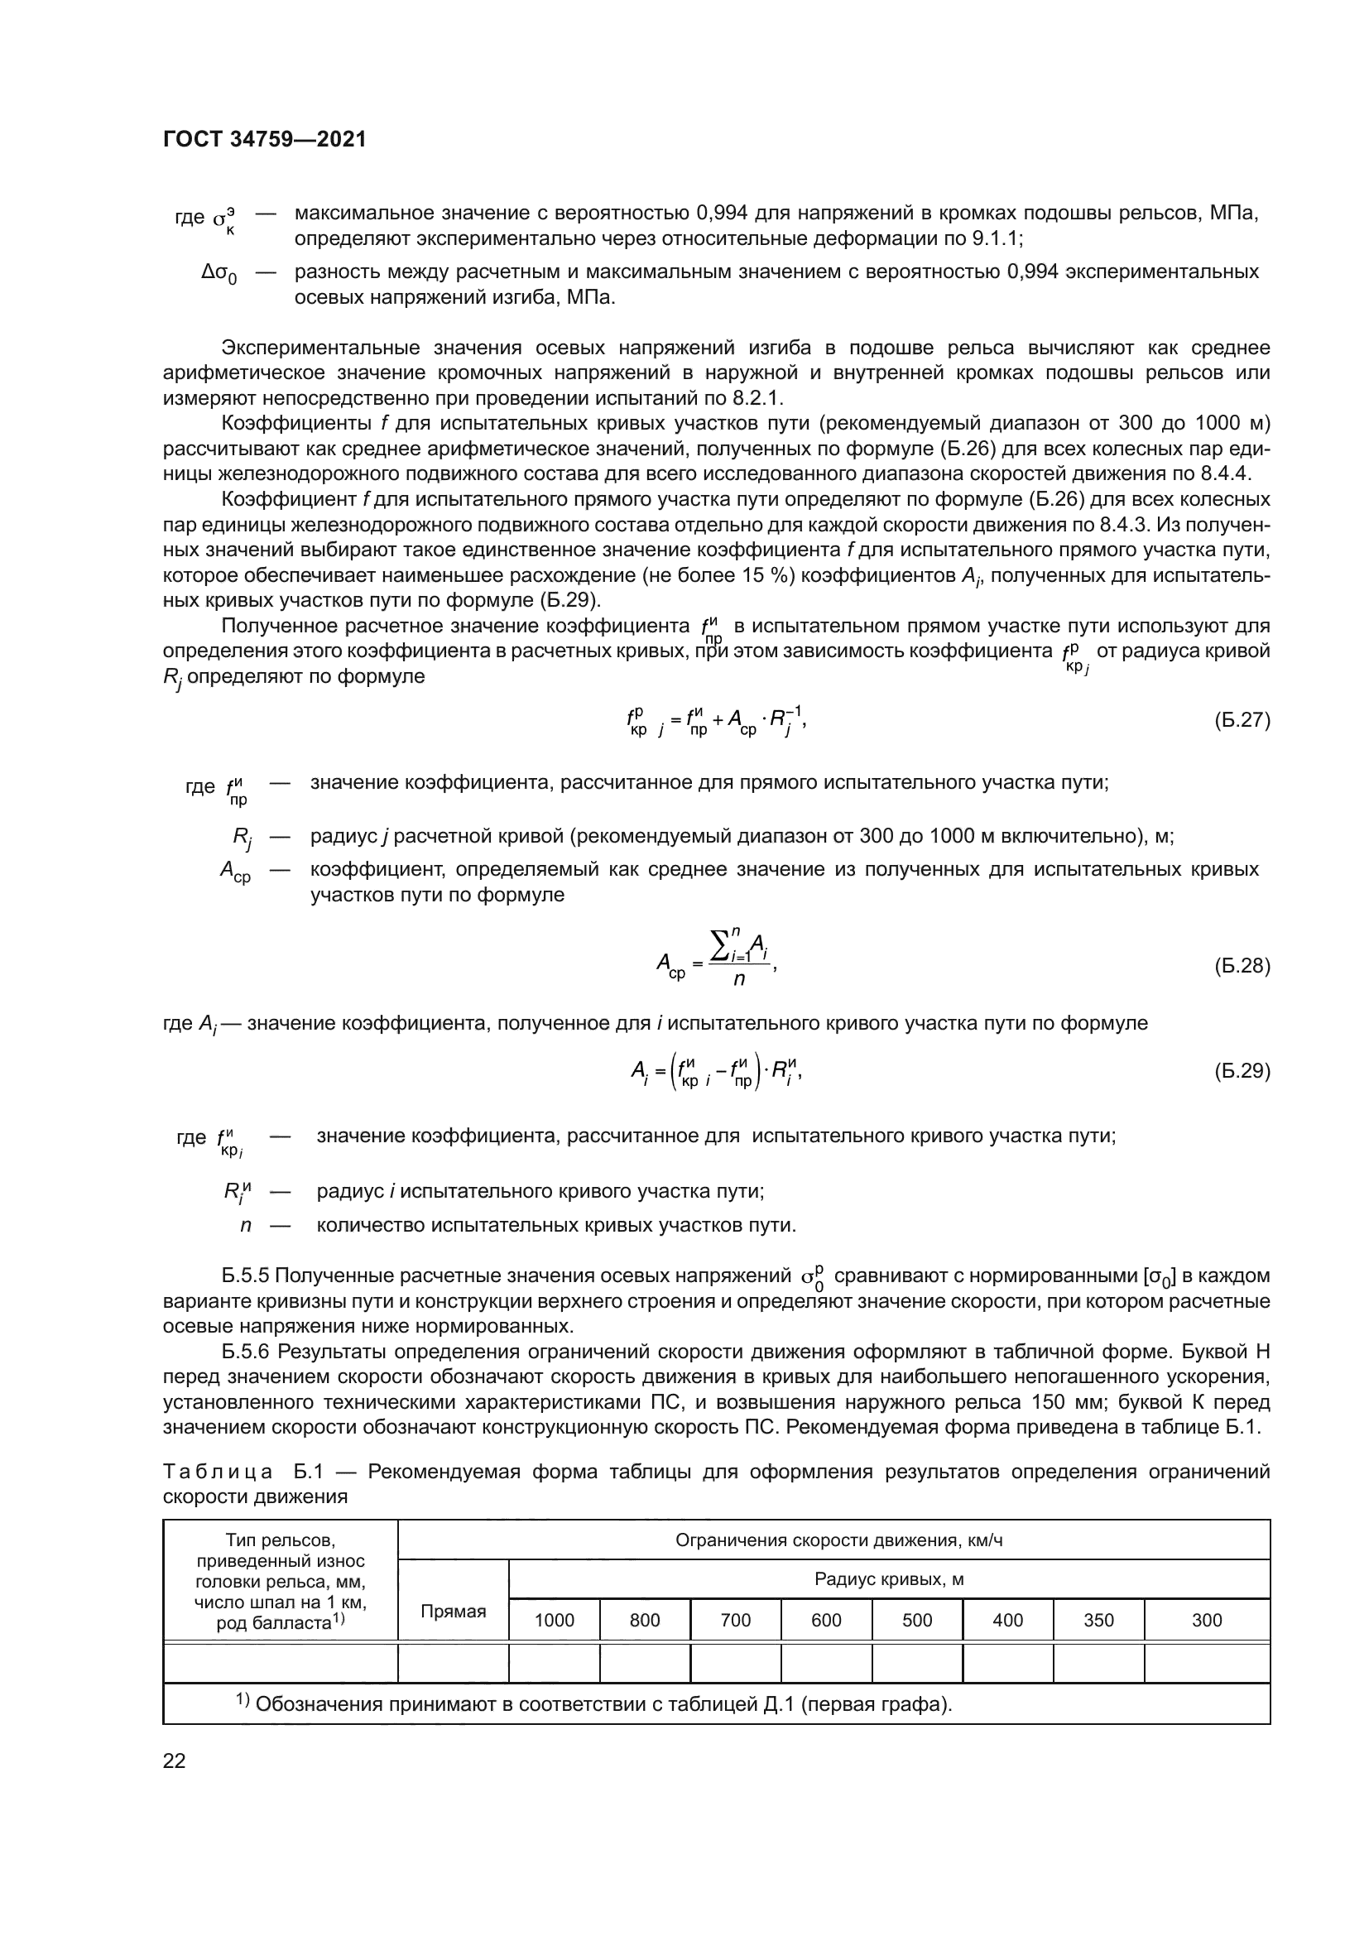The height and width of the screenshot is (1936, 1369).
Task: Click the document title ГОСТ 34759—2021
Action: click(x=265, y=140)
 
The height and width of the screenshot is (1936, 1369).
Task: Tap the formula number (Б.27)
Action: click(x=1242, y=720)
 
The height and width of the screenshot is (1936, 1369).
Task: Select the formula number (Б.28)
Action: click(x=1242, y=965)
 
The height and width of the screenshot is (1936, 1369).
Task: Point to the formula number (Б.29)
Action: click(x=1242, y=1070)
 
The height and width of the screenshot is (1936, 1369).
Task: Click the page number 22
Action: click(x=175, y=1761)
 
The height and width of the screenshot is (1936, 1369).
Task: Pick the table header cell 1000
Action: click(x=554, y=1620)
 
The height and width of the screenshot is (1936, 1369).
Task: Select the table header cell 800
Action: click(x=645, y=1620)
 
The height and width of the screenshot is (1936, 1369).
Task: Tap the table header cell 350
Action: click(x=1098, y=1620)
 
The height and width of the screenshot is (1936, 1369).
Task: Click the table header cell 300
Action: click(x=1206, y=1620)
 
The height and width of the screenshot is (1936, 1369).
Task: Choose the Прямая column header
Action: click(x=454, y=1612)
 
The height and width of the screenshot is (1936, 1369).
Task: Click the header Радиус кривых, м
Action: click(x=888, y=1579)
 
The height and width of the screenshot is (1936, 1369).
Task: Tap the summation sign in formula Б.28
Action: click(x=721, y=946)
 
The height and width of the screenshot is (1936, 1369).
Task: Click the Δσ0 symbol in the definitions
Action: click(x=219, y=273)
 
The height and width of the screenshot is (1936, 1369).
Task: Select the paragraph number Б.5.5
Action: click(x=245, y=1275)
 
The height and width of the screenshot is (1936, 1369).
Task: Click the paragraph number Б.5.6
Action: click(x=245, y=1352)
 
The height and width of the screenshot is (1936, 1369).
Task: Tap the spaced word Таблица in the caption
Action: click(x=218, y=1472)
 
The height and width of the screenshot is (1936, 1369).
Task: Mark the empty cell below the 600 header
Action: click(x=826, y=1664)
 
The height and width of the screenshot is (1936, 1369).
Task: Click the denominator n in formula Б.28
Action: click(x=738, y=980)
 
